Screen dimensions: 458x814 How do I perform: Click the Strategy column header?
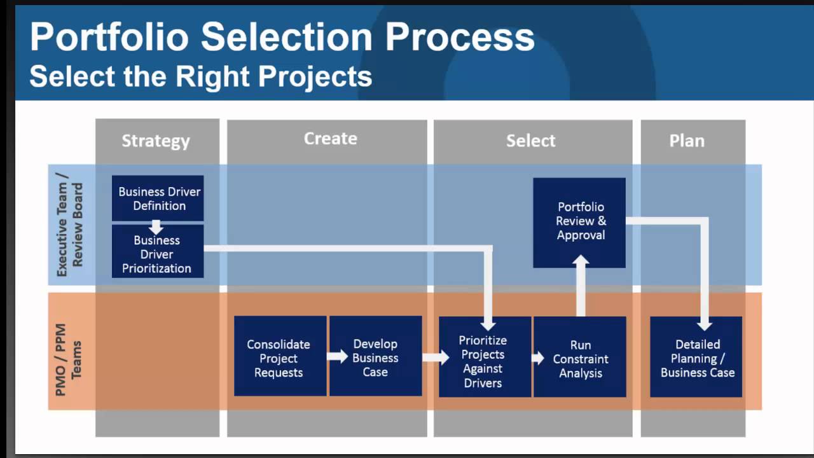156,141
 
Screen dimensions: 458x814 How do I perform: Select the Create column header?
330,139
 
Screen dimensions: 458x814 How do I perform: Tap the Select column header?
531,141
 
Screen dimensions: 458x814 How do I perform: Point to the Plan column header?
687,141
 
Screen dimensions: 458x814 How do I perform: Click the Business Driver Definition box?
158,198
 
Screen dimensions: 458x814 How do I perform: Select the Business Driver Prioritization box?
157,254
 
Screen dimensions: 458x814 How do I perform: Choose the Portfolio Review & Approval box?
580,221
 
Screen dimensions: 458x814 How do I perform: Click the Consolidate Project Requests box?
279,358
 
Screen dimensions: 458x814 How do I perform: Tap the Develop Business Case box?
375,357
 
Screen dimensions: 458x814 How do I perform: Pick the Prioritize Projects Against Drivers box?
483,361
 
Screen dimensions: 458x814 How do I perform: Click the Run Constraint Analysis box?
580,359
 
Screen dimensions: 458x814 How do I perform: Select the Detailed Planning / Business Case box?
697,358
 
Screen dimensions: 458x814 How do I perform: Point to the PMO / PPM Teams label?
69,360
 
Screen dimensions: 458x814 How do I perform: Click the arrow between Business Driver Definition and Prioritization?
156,226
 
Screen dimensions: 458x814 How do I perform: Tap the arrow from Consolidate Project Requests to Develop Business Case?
337,356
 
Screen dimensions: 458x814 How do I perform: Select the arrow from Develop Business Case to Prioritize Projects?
435,357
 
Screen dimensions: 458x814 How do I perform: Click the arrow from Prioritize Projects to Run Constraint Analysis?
538,358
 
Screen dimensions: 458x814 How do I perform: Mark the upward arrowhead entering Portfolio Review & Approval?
581,261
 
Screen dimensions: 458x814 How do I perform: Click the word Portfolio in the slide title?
109,37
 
